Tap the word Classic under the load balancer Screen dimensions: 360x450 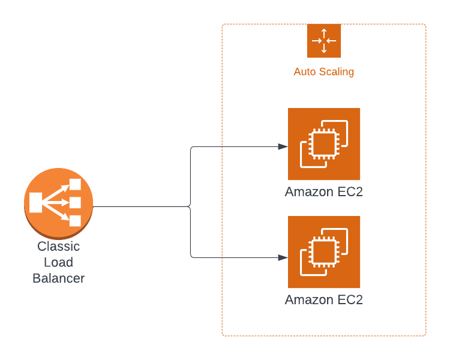point(58,247)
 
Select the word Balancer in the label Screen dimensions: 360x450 point(58,278)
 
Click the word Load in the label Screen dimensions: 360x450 point(58,262)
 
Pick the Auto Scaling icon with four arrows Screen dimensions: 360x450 point(323,41)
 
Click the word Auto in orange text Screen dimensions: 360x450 point(304,72)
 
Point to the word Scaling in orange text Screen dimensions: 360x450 point(336,72)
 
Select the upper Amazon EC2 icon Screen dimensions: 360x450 point(323,144)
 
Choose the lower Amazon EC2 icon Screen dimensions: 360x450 point(323,252)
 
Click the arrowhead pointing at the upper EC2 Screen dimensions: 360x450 point(283,146)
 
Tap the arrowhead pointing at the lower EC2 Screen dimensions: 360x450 point(283,257)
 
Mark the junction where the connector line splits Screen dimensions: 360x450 point(191,206)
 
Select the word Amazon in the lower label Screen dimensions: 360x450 point(308,299)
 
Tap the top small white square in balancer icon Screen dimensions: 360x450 point(75,184)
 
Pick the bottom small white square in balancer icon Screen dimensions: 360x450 point(75,221)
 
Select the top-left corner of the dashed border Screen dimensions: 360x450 point(223,25)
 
